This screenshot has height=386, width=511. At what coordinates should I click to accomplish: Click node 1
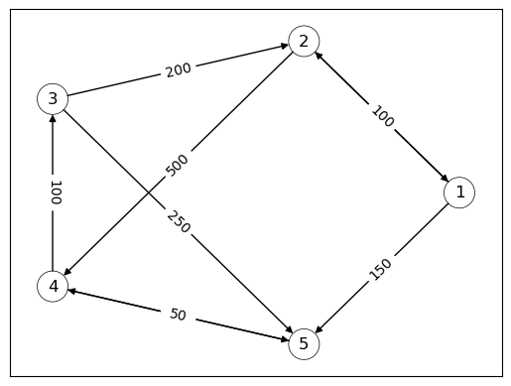pyautogui.click(x=459, y=193)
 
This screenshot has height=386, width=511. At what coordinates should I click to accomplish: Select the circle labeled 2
pyautogui.click(x=304, y=41)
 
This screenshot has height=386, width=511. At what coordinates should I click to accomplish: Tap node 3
pyautogui.click(x=52, y=98)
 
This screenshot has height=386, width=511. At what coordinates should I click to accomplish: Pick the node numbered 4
pyautogui.click(x=52, y=287)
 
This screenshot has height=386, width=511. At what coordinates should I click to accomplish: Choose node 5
pyautogui.click(x=304, y=344)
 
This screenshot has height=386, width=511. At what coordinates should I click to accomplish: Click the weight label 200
pyautogui.click(x=179, y=69)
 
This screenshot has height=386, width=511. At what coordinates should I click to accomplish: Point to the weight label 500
pyautogui.click(x=177, y=165)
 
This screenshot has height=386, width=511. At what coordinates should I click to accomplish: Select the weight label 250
pyautogui.click(x=179, y=222)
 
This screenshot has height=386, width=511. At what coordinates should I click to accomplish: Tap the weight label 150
pyautogui.click(x=381, y=269)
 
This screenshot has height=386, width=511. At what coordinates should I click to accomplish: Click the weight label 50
pyautogui.click(x=178, y=315)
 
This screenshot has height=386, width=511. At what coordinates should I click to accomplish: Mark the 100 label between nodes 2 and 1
pyautogui.click(x=382, y=116)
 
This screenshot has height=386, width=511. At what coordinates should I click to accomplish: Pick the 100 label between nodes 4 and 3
pyautogui.click(x=56, y=193)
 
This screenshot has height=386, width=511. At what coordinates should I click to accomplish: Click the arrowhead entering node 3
pyautogui.click(x=52, y=118)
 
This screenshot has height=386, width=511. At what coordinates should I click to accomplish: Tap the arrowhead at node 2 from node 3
pyautogui.click(x=284, y=46)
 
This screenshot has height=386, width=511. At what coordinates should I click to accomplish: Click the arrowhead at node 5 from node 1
pyautogui.click(x=318, y=330)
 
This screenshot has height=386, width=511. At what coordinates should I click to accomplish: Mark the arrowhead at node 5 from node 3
pyautogui.click(x=291, y=332)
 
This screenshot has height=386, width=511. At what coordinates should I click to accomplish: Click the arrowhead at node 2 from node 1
pyautogui.click(x=318, y=55)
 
